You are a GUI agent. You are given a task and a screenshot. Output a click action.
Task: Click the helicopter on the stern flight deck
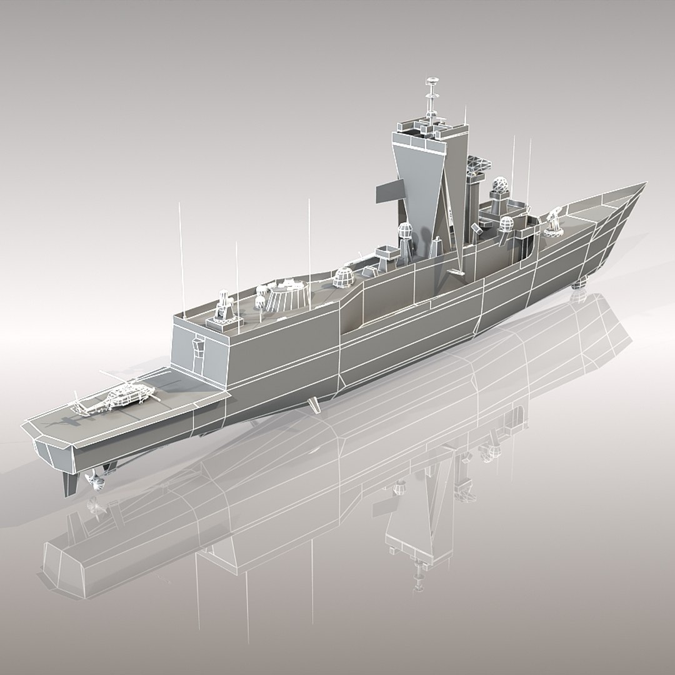122,398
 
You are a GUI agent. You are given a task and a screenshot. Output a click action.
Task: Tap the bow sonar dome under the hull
579,283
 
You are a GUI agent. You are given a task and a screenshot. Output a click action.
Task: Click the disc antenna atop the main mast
431,81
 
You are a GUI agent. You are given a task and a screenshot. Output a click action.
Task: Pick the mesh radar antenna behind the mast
477,166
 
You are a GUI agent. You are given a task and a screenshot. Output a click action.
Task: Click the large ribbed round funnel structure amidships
286,294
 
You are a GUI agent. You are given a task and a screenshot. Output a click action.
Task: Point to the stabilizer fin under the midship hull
316,406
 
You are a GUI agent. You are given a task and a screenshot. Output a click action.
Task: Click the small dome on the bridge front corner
506,224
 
